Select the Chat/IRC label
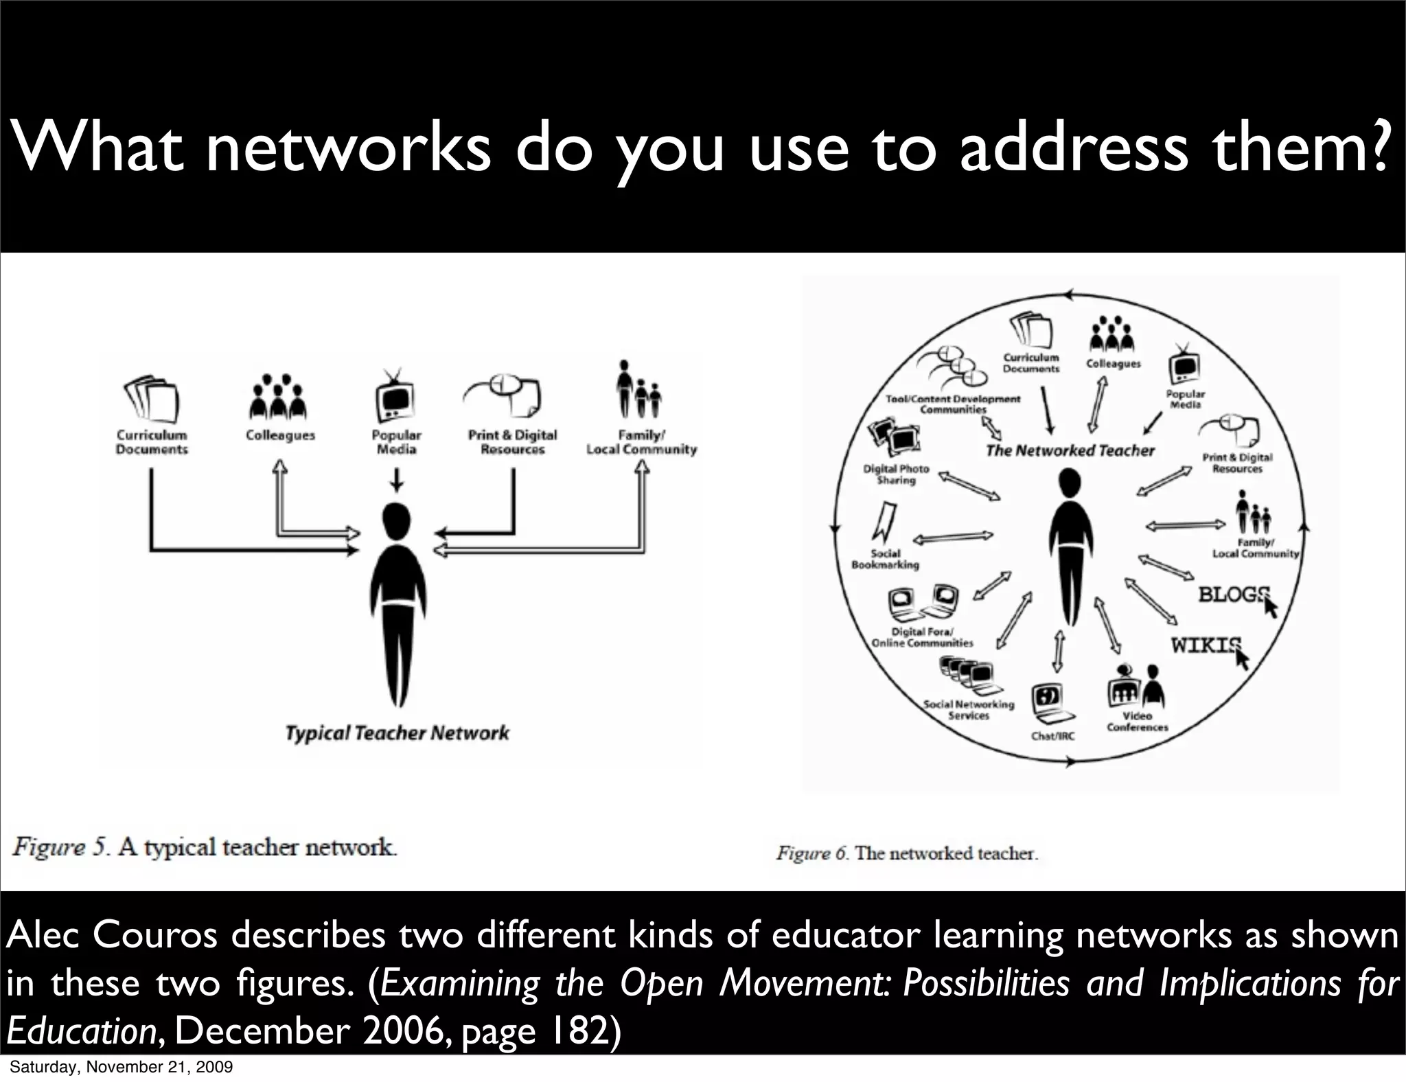click(1052, 736)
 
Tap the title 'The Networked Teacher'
click(1070, 450)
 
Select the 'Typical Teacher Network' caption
click(397, 733)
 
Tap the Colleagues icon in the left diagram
click(278, 398)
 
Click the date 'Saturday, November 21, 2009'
click(121, 1067)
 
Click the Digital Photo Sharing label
click(895, 474)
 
